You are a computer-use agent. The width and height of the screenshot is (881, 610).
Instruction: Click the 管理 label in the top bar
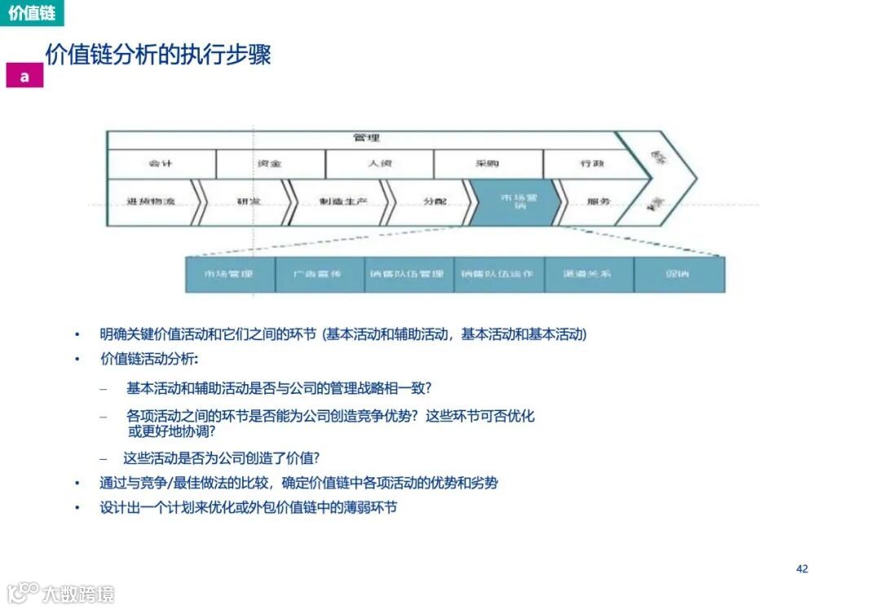pos(366,138)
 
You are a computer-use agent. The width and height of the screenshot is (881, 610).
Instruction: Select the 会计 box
pos(161,164)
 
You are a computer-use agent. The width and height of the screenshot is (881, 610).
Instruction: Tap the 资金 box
pos(270,164)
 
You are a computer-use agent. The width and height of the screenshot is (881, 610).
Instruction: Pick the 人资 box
pos(379,164)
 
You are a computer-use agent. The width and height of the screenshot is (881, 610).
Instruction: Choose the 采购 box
pos(488,164)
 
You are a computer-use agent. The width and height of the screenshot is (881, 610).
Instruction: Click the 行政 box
pos(592,164)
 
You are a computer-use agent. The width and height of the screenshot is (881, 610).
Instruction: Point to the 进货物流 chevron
pos(151,202)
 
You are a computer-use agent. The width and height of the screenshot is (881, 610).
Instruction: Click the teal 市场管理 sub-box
pos(229,274)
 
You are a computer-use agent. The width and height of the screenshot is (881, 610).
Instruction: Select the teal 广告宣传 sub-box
pos(319,274)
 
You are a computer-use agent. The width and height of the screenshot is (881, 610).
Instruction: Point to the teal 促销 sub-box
pos(678,274)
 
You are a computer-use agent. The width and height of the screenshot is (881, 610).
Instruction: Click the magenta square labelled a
pos(24,76)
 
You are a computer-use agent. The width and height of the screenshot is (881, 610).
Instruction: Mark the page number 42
pos(802,568)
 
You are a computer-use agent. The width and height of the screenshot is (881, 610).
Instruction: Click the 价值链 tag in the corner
pos(32,14)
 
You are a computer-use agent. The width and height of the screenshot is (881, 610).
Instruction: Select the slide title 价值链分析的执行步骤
pos(157,55)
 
